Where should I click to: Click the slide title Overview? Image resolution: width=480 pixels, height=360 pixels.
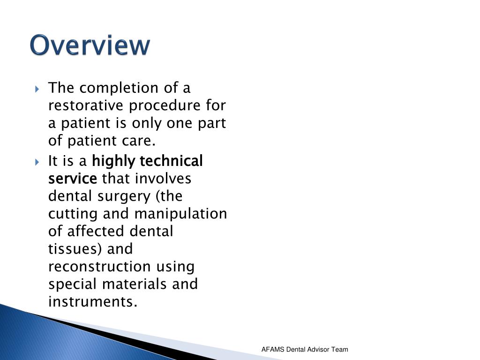[x=90, y=46]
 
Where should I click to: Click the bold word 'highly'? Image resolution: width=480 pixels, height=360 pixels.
[x=113, y=162]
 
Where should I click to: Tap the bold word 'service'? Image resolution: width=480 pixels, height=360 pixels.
[x=73, y=179]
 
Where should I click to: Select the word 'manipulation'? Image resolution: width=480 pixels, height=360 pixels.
[x=180, y=214]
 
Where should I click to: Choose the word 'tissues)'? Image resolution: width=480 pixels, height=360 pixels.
[x=76, y=249]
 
